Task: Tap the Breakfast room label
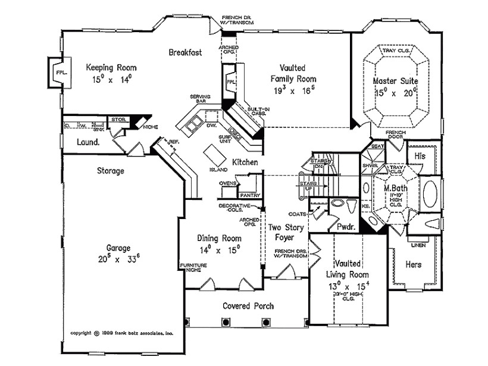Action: coord(185,52)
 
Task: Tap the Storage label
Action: coord(110,171)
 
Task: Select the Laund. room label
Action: coord(88,143)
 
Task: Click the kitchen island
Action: coord(211,155)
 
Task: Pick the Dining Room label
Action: coord(219,238)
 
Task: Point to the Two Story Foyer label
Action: coord(286,233)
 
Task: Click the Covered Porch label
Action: coord(248,306)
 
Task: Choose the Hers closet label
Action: coord(414,264)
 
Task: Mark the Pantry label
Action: coord(246,195)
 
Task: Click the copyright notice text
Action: coord(121,334)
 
